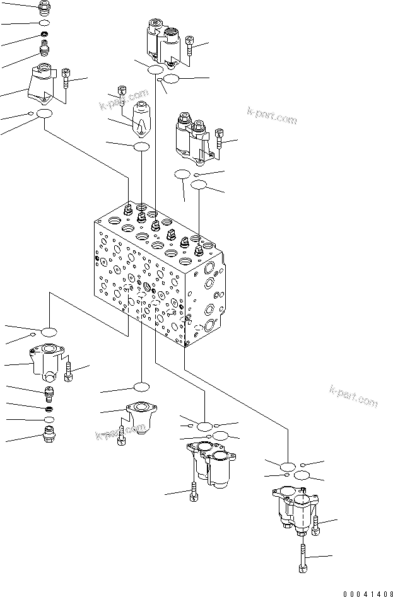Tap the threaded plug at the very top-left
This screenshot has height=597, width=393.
coord(44,8)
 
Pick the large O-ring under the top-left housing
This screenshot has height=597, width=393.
coord(44,114)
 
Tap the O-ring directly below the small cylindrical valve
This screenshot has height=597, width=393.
coord(141,146)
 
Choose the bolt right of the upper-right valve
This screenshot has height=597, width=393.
coord(219,138)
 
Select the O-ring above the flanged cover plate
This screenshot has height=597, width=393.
coord(141,386)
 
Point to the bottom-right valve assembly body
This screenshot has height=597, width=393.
coord(293,508)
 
